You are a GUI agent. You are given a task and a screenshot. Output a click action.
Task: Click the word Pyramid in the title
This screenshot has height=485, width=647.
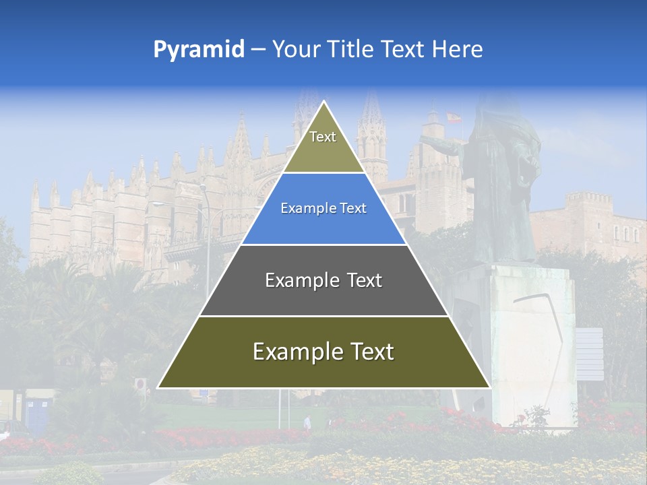coord(199,50)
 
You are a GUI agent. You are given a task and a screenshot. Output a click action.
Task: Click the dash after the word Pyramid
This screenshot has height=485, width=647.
coord(258,50)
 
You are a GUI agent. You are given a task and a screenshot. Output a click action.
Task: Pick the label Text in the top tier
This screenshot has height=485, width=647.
coord(323,137)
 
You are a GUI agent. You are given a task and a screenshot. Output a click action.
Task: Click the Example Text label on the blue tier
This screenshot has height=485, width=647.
coord(323,208)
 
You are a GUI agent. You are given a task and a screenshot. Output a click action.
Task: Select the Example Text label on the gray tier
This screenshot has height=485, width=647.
coord(323,280)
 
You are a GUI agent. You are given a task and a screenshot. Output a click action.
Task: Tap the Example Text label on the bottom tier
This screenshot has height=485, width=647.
coord(323,352)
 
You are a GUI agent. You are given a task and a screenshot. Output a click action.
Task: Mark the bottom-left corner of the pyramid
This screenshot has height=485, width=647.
coord(158,388)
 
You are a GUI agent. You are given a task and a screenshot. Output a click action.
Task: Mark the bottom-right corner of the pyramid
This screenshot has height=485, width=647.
coord(490,388)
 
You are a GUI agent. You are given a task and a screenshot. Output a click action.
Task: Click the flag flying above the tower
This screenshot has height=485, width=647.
coord(454,118)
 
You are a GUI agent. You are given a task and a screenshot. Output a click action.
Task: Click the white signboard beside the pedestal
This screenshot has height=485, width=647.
coord(589,354)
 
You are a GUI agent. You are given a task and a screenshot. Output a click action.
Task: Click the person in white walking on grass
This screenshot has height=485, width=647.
coord(307,422)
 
